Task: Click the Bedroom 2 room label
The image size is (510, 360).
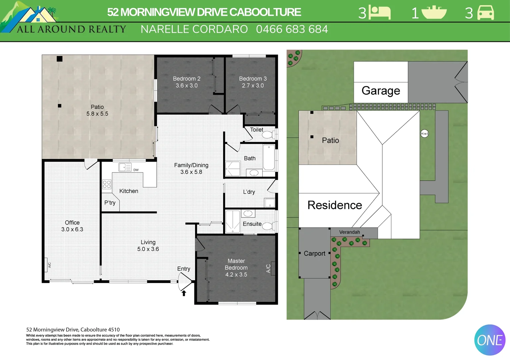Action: (x=186, y=79)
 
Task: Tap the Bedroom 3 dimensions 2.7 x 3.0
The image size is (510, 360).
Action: (x=253, y=86)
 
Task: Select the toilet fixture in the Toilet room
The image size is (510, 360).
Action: (x=268, y=135)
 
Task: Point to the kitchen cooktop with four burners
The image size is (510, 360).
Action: (x=107, y=184)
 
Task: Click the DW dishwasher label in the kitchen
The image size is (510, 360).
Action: (x=136, y=170)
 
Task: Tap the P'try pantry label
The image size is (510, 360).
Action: (x=110, y=203)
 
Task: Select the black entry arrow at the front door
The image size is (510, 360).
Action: (x=184, y=293)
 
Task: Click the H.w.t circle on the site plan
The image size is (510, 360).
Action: (x=424, y=134)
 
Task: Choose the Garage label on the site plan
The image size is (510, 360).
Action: (x=381, y=91)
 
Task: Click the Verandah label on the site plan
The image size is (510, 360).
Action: (x=350, y=232)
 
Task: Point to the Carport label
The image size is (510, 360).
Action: (x=314, y=253)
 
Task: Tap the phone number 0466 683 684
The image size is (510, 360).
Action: (x=292, y=29)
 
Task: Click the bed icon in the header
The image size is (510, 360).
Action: (x=380, y=13)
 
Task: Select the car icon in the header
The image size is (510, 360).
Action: (x=486, y=13)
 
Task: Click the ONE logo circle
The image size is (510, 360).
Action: (x=490, y=340)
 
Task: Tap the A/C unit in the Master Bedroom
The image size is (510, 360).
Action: (x=273, y=268)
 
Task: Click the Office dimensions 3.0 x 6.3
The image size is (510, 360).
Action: (x=72, y=229)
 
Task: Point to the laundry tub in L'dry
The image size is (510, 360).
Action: (x=270, y=202)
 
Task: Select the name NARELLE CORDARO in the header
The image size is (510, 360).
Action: (x=194, y=29)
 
